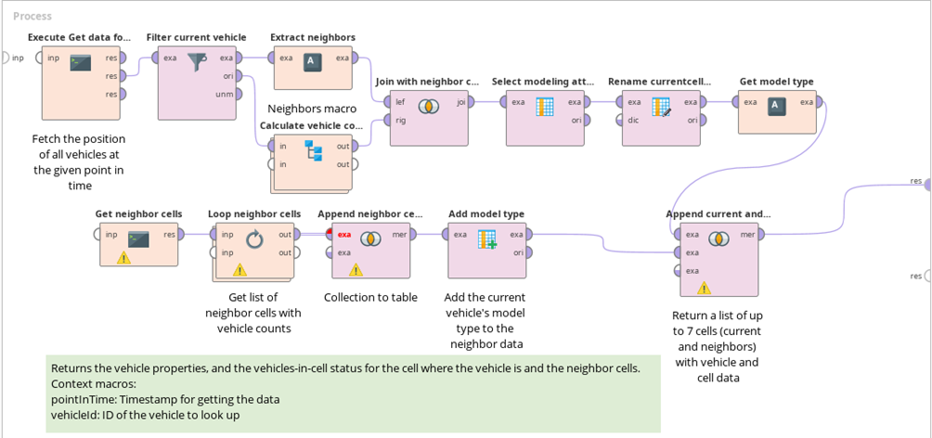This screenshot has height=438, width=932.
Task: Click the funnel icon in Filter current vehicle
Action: coord(197,62)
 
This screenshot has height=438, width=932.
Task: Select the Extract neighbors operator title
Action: coord(312,37)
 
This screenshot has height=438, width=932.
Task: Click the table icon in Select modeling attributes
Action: coord(545,107)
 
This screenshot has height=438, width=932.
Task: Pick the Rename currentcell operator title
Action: coord(658,82)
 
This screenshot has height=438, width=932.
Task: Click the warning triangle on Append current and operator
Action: coord(704,288)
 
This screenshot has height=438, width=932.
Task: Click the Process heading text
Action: coord(32,16)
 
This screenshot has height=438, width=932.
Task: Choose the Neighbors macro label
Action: coord(305,109)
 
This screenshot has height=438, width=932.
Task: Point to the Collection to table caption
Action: coord(369,298)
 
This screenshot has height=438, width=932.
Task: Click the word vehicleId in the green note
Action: coord(77,414)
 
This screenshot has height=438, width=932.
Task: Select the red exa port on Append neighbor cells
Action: coord(343,235)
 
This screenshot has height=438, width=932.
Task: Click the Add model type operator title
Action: coord(486,213)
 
